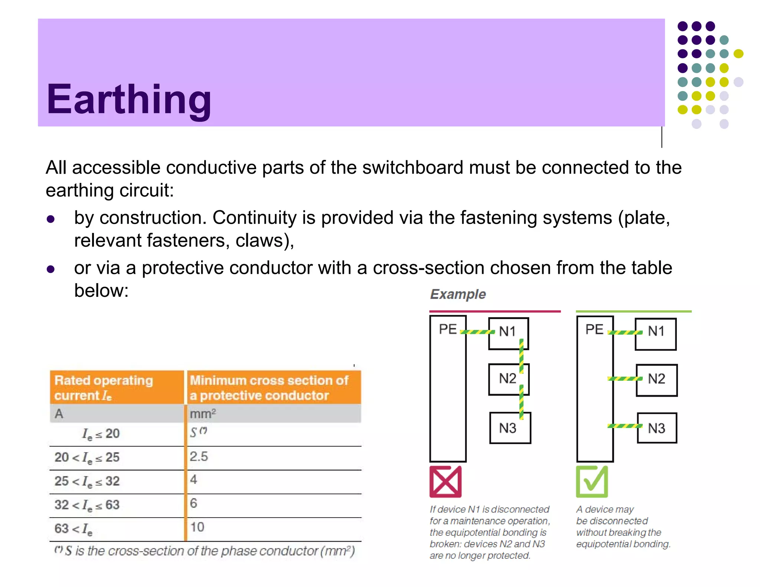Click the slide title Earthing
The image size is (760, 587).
(x=129, y=99)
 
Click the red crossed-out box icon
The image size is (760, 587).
(x=445, y=482)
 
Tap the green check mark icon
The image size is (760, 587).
(x=592, y=482)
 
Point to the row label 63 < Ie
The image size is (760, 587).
(x=73, y=528)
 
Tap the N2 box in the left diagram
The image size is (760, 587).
(x=508, y=379)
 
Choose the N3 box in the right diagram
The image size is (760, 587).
(x=657, y=428)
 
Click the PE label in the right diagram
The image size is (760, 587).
(x=594, y=329)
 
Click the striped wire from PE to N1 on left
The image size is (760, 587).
(x=477, y=332)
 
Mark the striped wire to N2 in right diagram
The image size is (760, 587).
(x=625, y=379)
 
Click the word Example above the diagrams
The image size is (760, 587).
(x=458, y=294)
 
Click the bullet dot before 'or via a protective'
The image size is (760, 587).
(x=51, y=269)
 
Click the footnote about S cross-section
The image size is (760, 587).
(x=205, y=551)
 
